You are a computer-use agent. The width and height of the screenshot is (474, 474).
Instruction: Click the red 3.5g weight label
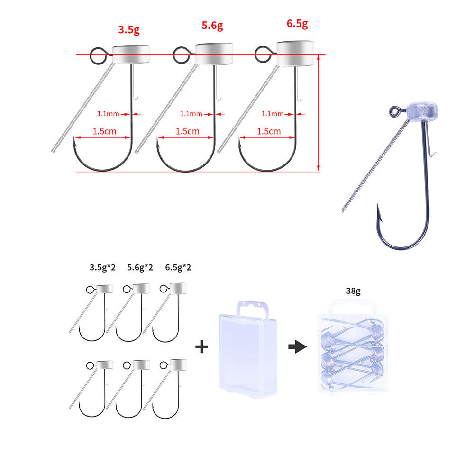(x=129, y=30)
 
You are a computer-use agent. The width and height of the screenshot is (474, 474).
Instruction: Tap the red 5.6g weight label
(x=212, y=26)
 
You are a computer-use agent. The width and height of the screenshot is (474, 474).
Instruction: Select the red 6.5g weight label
(x=297, y=24)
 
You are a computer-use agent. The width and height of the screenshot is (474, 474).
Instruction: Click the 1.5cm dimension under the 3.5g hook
(x=104, y=131)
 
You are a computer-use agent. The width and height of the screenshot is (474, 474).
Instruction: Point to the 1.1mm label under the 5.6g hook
(x=191, y=114)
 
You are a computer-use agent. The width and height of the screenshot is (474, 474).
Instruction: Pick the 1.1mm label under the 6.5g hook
(x=273, y=114)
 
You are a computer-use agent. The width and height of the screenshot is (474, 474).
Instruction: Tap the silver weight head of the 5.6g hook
(x=214, y=54)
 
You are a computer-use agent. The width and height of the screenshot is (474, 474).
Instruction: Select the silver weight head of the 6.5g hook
(x=295, y=53)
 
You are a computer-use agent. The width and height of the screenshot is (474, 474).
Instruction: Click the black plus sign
(x=201, y=347)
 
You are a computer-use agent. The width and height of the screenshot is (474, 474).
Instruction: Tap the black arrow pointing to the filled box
(x=298, y=346)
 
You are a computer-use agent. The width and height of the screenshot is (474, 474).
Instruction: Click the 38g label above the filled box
(x=353, y=291)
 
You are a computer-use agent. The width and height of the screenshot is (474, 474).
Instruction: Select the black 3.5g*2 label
(x=102, y=268)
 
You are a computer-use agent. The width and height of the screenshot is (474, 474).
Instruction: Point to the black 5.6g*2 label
(x=140, y=268)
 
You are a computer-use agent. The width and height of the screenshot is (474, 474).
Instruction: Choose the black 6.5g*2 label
(x=178, y=268)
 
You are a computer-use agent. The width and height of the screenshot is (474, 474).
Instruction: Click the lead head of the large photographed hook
(x=421, y=111)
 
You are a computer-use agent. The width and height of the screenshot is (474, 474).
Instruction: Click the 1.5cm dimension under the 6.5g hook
(x=269, y=131)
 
